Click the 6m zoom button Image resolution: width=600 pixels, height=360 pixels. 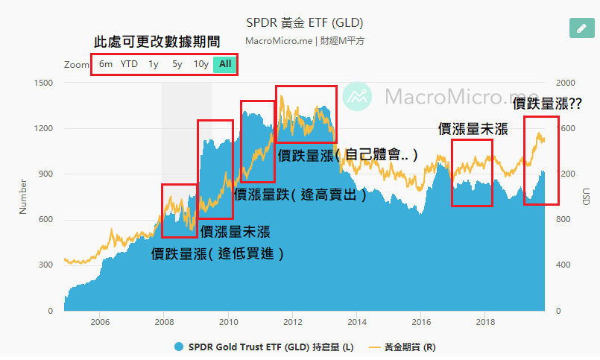coord(106,64)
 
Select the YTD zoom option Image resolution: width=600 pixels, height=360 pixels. coord(130,64)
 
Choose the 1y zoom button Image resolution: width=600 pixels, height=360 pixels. coord(154,64)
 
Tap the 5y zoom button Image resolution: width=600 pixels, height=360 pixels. coord(177,64)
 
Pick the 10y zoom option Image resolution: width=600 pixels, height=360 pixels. coord(200,64)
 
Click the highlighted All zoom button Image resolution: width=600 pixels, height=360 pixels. coord(225,64)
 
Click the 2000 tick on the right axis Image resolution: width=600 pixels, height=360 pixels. coord(566,83)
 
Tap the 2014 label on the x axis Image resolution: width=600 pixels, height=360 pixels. coord(357,322)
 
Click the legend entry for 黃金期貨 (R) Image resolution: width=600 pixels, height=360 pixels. coord(410,347)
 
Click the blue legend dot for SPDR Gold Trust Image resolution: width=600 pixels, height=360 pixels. coord(179,347)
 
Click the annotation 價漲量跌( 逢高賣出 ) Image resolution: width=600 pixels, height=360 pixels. coord(301,195)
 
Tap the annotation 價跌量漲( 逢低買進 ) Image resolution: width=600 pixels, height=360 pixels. coord(218,253)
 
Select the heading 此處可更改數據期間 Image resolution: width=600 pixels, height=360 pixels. coord(157,42)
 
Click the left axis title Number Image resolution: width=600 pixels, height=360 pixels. coord(23,196)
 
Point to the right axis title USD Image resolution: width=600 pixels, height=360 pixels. coord(586,196)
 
